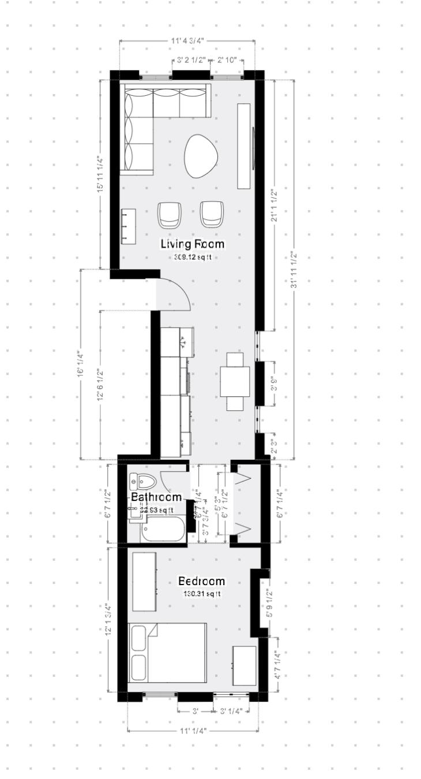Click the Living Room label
coord(192,244)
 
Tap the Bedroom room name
coord(201,581)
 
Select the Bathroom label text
coord(156,497)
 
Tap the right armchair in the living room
coord(212,214)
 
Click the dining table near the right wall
coord(235,381)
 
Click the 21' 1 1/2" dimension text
coord(275,206)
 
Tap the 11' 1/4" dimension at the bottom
coord(193,731)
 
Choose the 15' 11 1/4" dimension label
coord(100,174)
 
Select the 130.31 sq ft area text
coord(202,594)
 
